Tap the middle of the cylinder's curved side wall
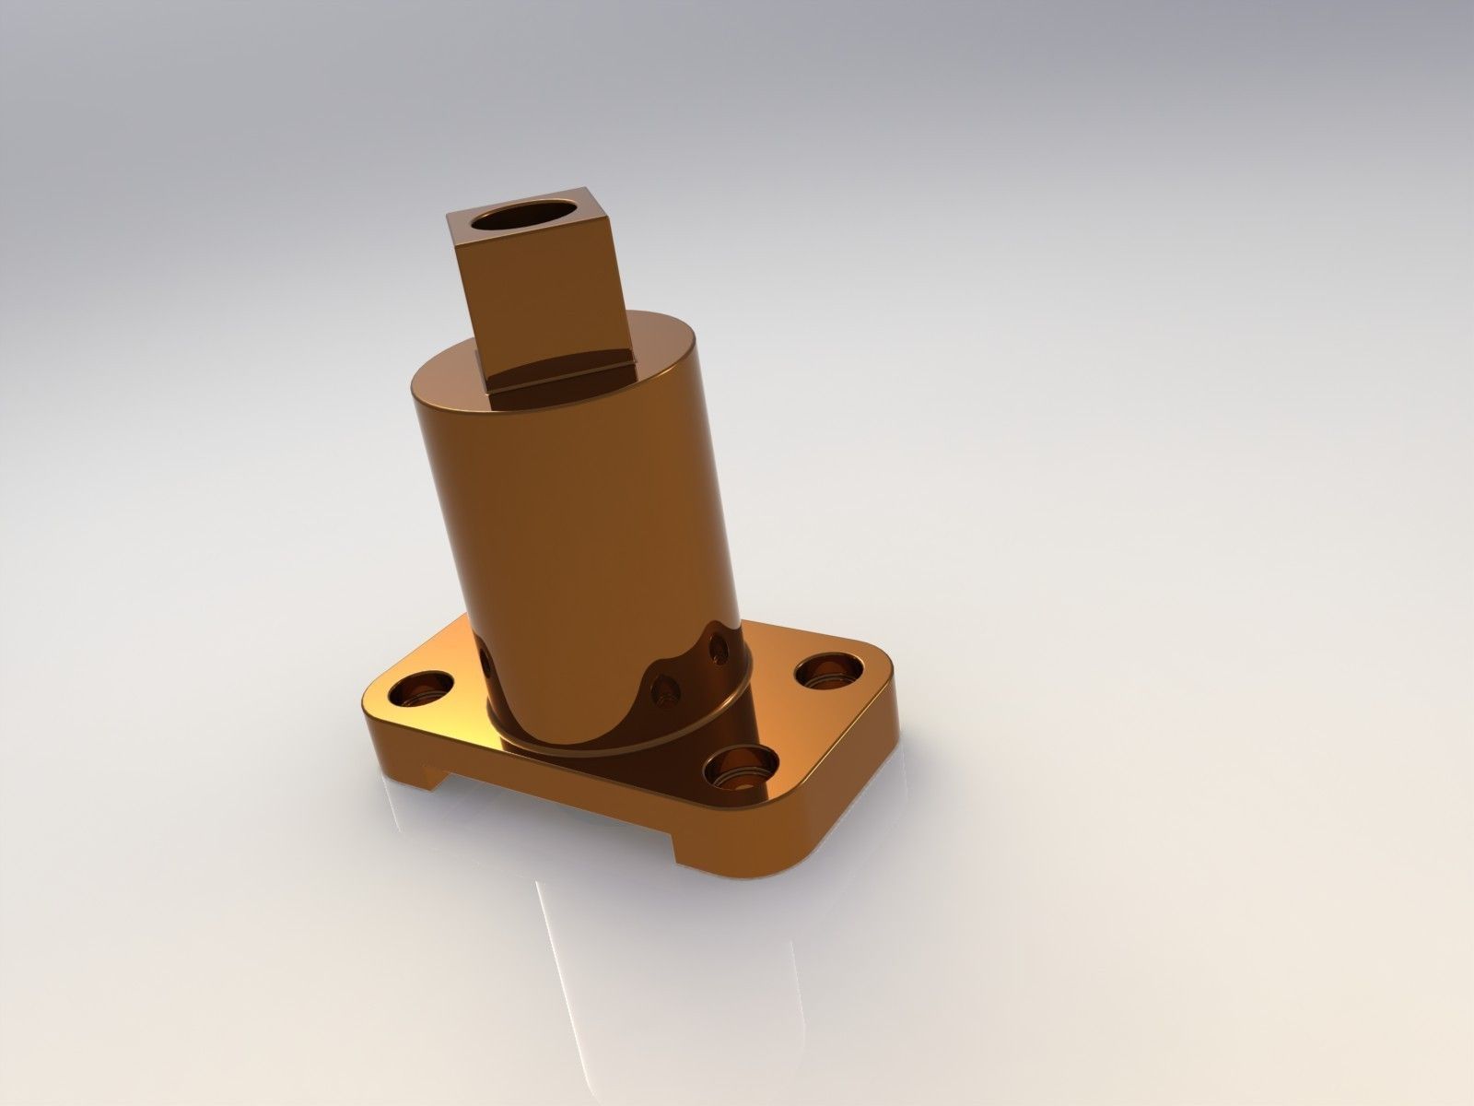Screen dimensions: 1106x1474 [x=571, y=525]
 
